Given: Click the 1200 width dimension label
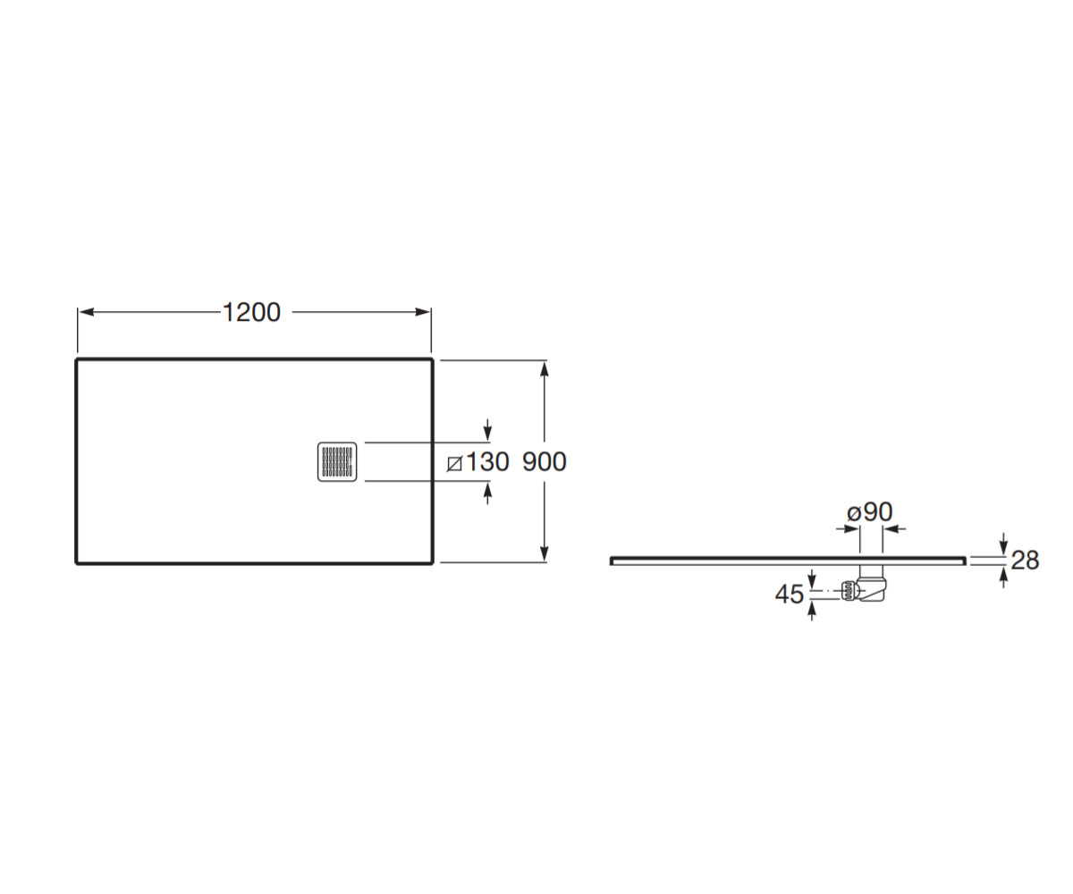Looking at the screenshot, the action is click(x=252, y=312).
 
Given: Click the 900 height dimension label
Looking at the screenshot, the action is click(x=545, y=461).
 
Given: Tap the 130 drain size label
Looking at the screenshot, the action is click(x=486, y=461).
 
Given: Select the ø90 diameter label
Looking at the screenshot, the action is click(x=869, y=511).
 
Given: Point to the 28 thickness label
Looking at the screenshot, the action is click(x=1025, y=560).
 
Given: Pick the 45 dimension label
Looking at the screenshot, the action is click(x=790, y=594).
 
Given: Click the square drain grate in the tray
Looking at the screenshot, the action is click(x=337, y=461).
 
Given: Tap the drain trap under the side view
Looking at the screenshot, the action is click(x=864, y=584).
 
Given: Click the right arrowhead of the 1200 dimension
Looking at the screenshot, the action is click(x=422, y=312).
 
